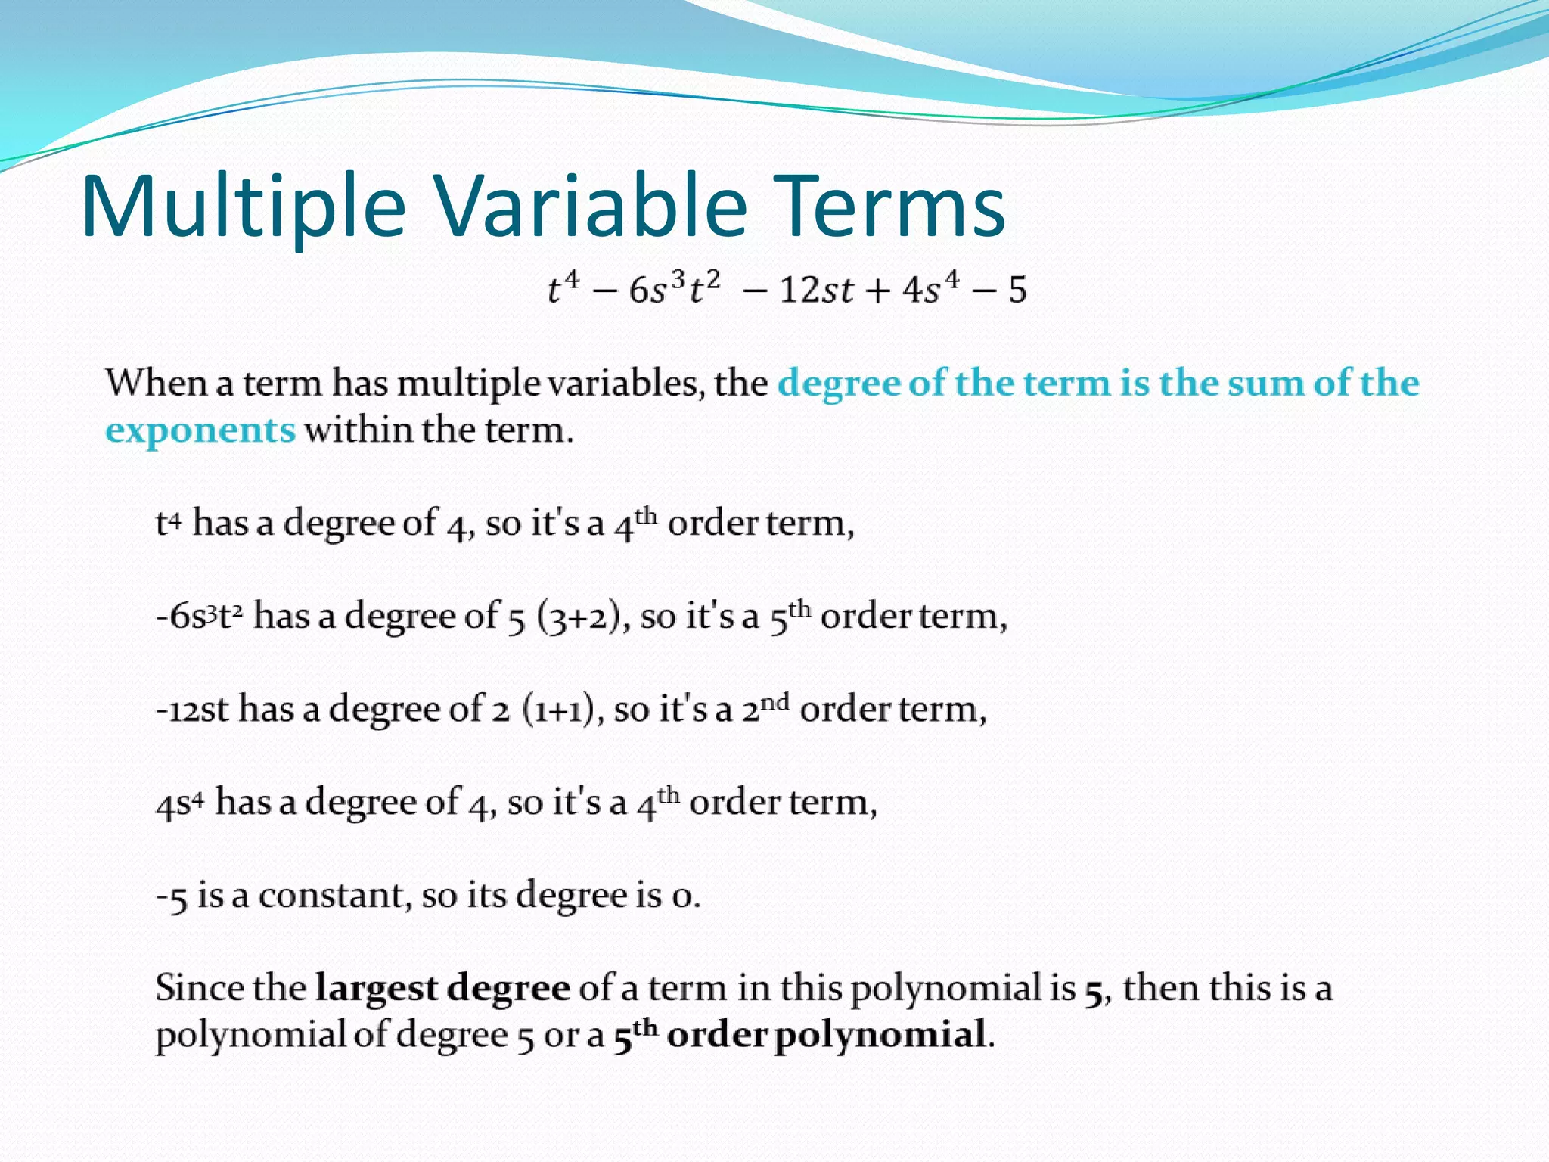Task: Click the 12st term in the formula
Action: (816, 290)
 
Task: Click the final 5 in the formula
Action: (1017, 290)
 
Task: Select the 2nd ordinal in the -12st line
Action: (765, 708)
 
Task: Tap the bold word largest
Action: (376, 989)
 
